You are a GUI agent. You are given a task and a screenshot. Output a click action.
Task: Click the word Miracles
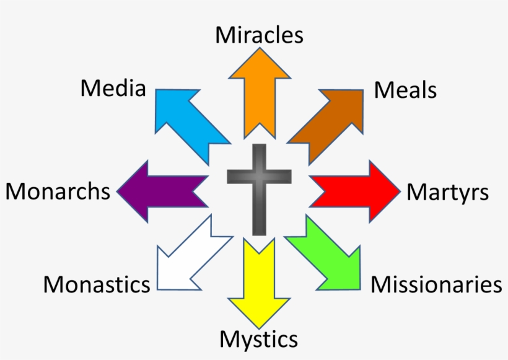point(259,35)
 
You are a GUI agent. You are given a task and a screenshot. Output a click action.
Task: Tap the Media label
point(113,89)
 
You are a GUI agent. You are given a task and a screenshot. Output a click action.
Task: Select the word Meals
point(405,90)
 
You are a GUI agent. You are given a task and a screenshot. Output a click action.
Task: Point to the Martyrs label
point(447,192)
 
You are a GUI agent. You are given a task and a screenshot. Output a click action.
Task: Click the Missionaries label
point(436,284)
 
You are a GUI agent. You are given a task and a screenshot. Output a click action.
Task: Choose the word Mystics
point(258,339)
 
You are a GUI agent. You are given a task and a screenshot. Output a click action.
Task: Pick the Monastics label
point(97,284)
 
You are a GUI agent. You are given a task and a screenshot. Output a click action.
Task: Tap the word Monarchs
point(58,191)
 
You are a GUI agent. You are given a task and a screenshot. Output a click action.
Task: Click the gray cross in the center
point(259,186)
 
